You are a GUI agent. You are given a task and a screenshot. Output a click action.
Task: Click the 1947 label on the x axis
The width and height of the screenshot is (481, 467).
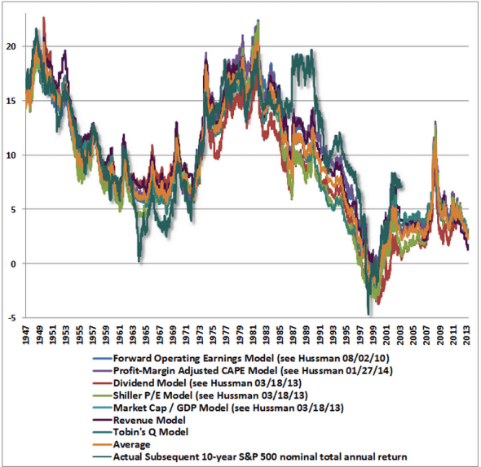28,334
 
